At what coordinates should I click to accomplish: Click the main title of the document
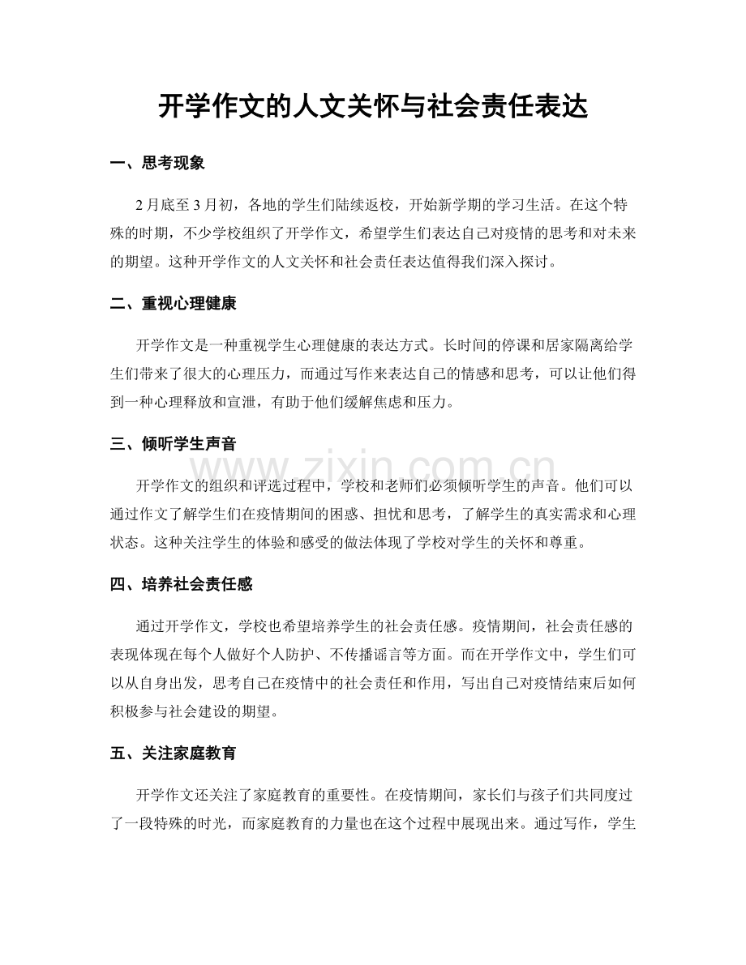(372, 106)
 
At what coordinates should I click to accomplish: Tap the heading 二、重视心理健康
(174, 304)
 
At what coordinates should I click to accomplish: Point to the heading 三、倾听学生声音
(174, 443)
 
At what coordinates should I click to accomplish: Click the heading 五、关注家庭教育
(174, 754)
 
